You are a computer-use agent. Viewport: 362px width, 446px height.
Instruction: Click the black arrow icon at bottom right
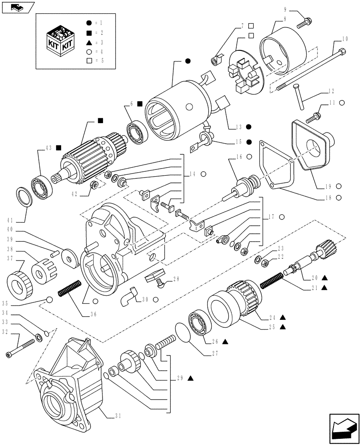coord(344,428)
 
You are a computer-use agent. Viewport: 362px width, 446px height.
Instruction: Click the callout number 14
coord(193,174)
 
